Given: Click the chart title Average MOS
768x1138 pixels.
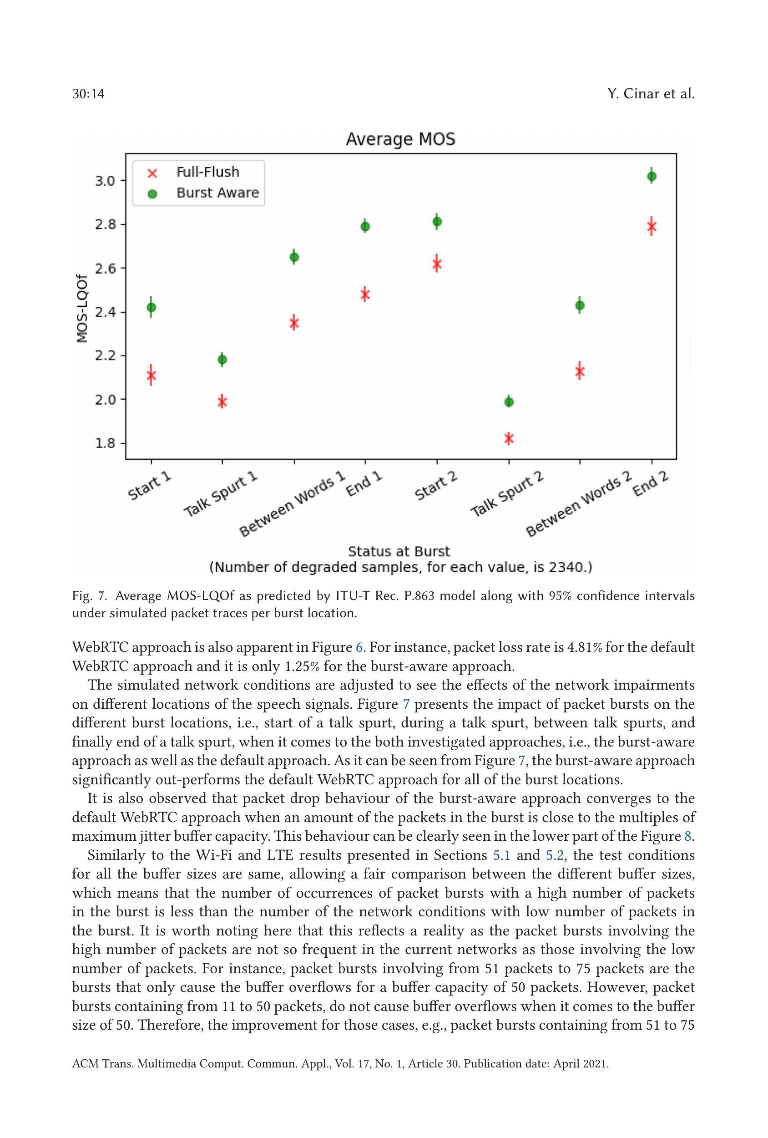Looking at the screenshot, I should click(400, 140).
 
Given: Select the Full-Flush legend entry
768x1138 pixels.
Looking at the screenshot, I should click(207, 172).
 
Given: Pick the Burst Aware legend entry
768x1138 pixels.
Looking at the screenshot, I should click(217, 193).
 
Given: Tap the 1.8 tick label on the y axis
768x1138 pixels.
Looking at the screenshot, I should click(105, 443).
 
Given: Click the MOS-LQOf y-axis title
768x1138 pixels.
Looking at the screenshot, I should click(82, 309).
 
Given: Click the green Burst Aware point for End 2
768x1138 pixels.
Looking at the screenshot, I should click(652, 176).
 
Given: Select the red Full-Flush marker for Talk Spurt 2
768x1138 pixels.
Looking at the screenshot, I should click(509, 438).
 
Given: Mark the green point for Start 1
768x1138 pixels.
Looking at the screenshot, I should click(151, 308).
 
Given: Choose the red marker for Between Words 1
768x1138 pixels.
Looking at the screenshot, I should click(294, 323).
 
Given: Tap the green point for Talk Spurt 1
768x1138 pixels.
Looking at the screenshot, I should click(222, 360).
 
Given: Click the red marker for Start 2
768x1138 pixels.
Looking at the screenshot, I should click(437, 264).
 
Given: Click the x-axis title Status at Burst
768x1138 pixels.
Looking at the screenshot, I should click(399, 551).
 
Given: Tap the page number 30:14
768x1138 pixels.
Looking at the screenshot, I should click(88, 93).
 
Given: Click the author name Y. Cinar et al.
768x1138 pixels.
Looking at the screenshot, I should click(651, 93).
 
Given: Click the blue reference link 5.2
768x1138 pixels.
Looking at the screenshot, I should click(555, 855).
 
